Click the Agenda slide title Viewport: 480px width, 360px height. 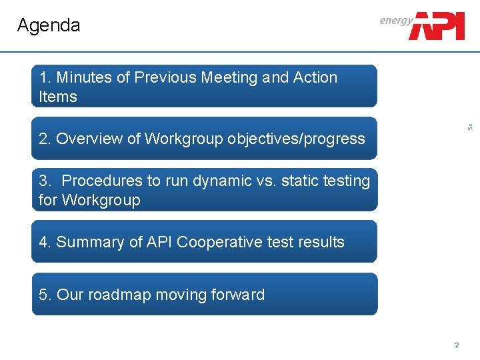[49, 25]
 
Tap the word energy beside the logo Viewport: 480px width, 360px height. [396, 21]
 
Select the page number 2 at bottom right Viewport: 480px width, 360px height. [457, 345]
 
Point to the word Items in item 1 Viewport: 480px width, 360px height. [58, 97]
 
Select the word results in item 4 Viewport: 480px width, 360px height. [319, 242]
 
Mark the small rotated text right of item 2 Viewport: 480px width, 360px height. [469, 126]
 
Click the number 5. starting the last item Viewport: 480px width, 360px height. [45, 295]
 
